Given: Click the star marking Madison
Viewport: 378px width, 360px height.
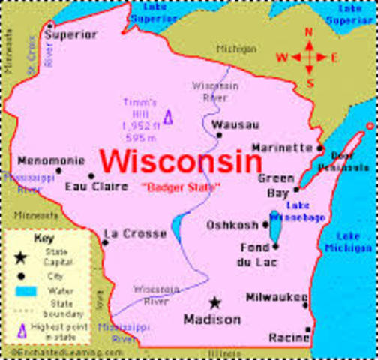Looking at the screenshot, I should click(x=215, y=303).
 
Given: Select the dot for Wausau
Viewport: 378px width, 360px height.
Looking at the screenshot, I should click(x=219, y=136).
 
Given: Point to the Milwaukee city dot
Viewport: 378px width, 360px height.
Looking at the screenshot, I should click(x=305, y=304).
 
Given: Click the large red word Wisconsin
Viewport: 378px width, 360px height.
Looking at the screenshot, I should click(x=181, y=160).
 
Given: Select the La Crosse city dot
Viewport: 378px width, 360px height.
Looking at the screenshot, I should click(x=105, y=242).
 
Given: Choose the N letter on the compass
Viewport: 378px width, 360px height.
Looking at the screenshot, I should click(x=308, y=32).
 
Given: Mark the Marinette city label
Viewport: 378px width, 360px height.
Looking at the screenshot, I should click(x=281, y=148).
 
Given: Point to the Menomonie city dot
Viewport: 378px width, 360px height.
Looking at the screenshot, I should click(x=59, y=170).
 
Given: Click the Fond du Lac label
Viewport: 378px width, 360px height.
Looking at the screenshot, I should click(x=255, y=253).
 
